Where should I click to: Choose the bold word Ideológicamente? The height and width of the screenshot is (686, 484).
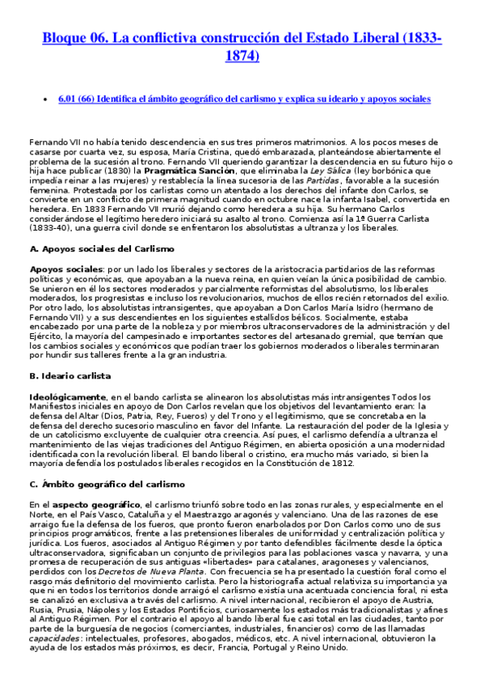(x=68, y=396)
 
